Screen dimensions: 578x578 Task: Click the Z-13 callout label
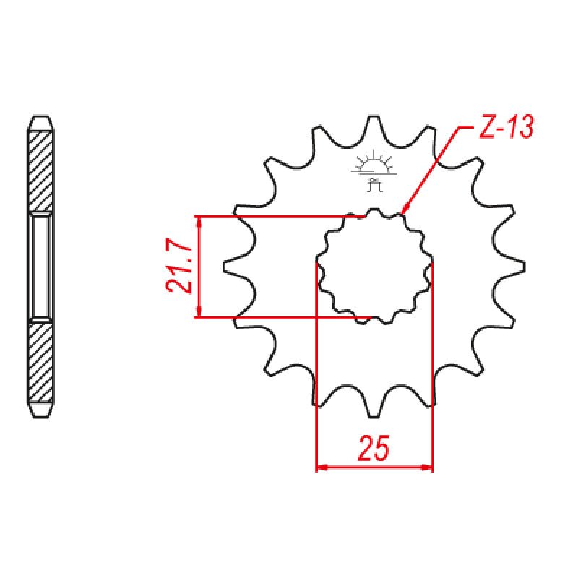[x=506, y=128]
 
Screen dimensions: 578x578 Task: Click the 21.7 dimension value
[x=179, y=267]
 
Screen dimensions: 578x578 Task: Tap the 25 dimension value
[x=374, y=448]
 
